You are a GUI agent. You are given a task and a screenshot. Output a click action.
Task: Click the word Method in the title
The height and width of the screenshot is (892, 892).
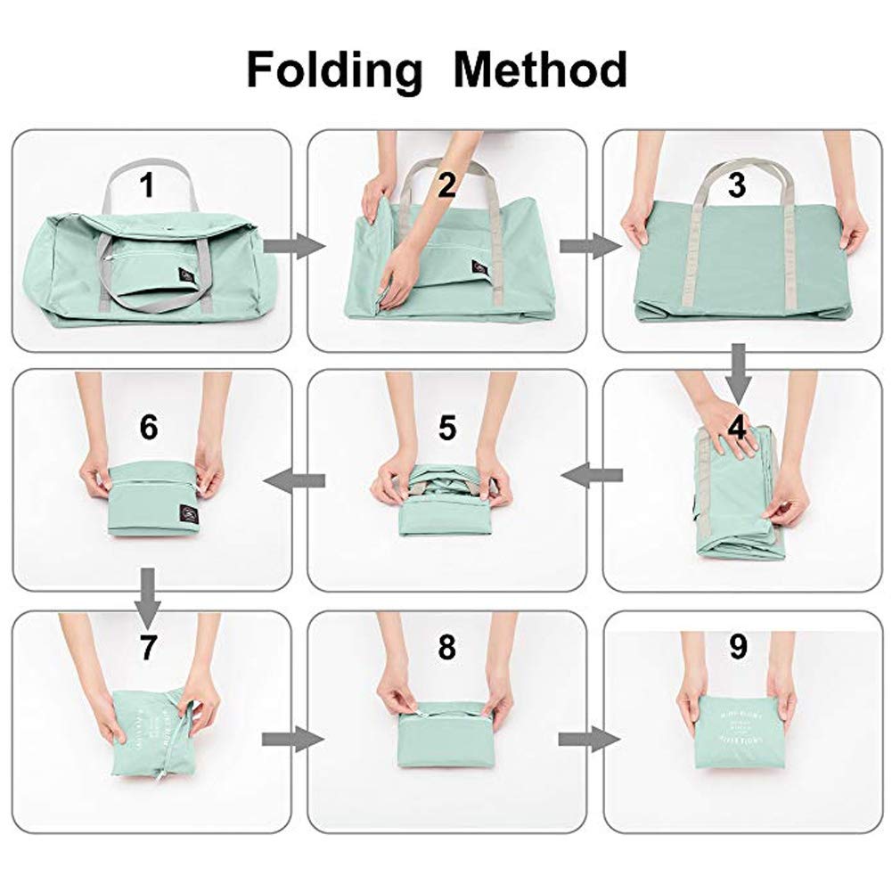click(x=541, y=70)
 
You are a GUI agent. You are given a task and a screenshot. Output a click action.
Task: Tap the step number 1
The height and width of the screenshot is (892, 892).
click(x=147, y=186)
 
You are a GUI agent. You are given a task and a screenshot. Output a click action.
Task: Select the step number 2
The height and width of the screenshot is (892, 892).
click(x=446, y=184)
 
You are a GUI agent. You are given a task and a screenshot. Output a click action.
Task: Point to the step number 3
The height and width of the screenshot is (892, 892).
click(x=736, y=184)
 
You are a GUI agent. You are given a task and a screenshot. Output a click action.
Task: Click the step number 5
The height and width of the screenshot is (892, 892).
click(x=446, y=429)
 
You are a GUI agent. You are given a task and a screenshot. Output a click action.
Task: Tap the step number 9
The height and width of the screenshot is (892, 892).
click(x=737, y=648)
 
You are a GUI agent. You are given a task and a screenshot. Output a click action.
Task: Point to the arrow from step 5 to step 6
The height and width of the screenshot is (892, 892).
click(x=294, y=481)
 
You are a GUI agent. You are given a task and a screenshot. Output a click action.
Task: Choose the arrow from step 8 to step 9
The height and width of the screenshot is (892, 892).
click(x=588, y=739)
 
